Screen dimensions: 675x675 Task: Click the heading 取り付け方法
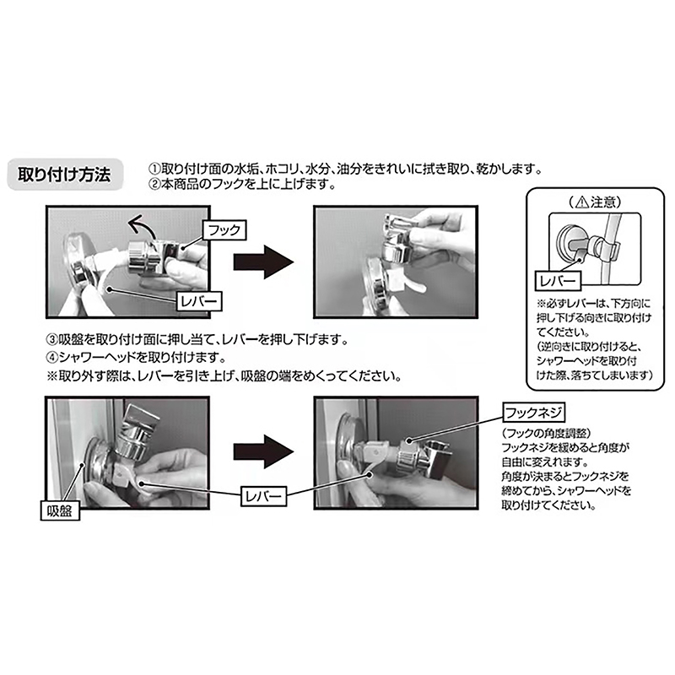pyautogui.click(x=65, y=175)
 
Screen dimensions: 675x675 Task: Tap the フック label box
pyautogui.click(x=224, y=229)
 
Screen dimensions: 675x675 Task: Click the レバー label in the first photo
pyautogui.click(x=199, y=301)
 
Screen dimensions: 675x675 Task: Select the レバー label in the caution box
pyautogui.click(x=558, y=281)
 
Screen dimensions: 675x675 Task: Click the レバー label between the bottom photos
pyautogui.click(x=263, y=496)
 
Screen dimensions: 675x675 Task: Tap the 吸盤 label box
pyautogui.click(x=60, y=510)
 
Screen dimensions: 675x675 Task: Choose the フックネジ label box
pyautogui.click(x=533, y=413)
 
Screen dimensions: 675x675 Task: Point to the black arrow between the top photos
pyautogui.click(x=263, y=262)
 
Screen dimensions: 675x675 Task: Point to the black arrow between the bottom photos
pyautogui.click(x=263, y=451)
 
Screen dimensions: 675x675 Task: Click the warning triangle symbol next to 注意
pyautogui.click(x=582, y=202)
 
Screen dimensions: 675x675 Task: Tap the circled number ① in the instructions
pyautogui.click(x=154, y=168)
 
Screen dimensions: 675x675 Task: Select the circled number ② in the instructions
pyautogui.click(x=154, y=185)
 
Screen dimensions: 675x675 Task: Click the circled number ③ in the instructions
pyautogui.click(x=52, y=340)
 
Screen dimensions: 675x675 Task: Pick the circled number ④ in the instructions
pyautogui.click(x=52, y=357)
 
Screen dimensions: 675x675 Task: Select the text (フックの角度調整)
pyautogui.click(x=547, y=433)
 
